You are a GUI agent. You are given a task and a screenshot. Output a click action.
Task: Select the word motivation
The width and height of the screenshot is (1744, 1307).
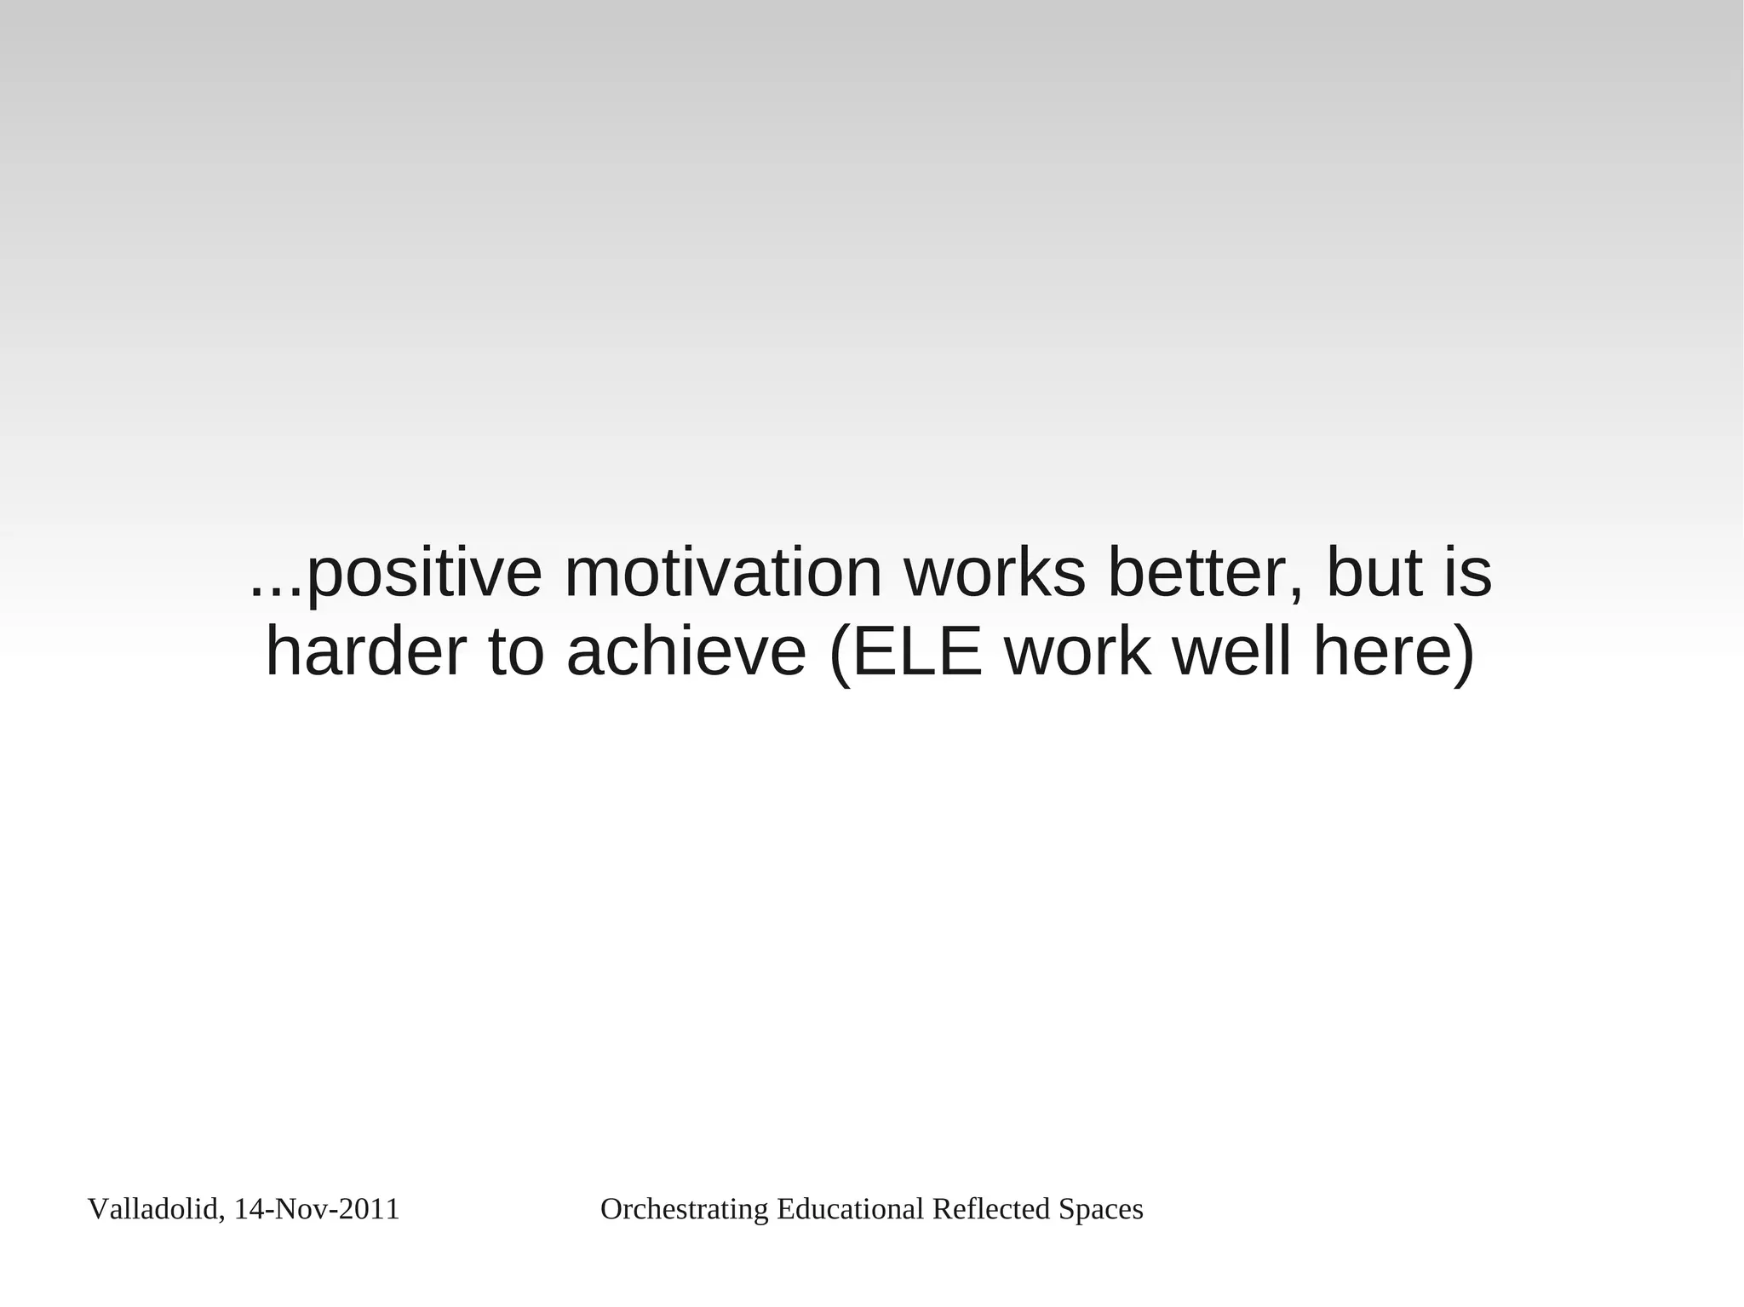click(722, 574)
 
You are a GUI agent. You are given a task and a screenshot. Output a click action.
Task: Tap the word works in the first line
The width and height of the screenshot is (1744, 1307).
click(994, 574)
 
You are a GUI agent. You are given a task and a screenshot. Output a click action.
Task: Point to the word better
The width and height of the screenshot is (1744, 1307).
click(1204, 574)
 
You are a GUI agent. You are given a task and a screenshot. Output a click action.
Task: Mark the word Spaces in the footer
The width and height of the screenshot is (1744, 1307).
click(1100, 1210)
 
